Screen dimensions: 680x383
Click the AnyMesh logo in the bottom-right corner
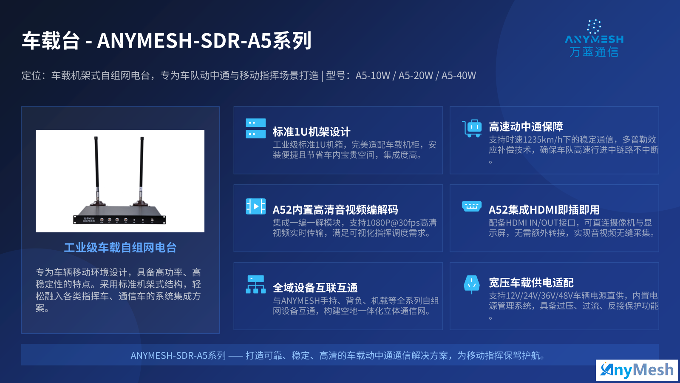(x=637, y=370)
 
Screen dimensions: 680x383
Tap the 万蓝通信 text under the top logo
(x=594, y=52)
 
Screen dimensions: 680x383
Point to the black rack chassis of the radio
(x=119, y=215)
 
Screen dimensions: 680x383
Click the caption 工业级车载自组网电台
(x=120, y=248)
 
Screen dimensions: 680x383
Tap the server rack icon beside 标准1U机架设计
(x=255, y=128)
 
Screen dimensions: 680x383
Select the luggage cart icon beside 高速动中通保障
(x=472, y=128)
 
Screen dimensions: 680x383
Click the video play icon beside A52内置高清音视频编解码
(x=255, y=206)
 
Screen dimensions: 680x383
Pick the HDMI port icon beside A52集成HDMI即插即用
(x=471, y=206)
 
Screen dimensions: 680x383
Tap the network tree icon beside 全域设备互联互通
(x=255, y=285)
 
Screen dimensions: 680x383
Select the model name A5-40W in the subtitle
(x=459, y=75)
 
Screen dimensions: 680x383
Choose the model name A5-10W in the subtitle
(x=372, y=75)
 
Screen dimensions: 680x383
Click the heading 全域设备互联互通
(x=315, y=288)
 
